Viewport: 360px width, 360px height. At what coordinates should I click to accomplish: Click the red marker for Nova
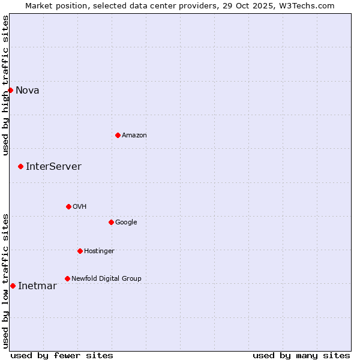(x=10, y=90)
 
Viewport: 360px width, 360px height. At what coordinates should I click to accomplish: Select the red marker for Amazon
(x=118, y=135)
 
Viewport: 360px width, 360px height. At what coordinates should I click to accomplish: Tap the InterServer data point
(x=20, y=166)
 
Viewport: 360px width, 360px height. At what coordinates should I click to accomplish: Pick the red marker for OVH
(x=68, y=206)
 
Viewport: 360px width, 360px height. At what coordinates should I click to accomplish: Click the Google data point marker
(x=111, y=222)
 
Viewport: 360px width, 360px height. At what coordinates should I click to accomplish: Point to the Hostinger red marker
(x=80, y=251)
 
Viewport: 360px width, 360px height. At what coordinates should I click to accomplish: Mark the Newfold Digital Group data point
(x=67, y=278)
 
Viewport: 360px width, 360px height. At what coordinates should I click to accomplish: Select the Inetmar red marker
(x=13, y=286)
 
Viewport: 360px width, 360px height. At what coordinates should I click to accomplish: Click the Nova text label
(x=28, y=91)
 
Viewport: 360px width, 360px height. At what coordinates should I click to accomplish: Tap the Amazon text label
(x=134, y=136)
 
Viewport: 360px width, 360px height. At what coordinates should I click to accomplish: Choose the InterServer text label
(x=53, y=167)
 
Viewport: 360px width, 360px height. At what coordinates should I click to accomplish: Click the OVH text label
(x=80, y=207)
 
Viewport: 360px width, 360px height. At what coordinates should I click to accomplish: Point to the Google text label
(x=126, y=223)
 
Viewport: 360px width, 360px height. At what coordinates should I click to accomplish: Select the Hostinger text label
(x=99, y=251)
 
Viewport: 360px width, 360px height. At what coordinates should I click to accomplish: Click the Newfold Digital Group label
(x=106, y=279)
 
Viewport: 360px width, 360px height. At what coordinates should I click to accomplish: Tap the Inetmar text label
(x=37, y=286)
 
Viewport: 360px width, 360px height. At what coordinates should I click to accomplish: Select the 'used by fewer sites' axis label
(x=62, y=355)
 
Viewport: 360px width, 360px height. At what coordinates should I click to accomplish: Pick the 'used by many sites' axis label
(x=301, y=355)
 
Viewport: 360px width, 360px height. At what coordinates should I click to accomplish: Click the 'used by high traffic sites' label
(x=6, y=85)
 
